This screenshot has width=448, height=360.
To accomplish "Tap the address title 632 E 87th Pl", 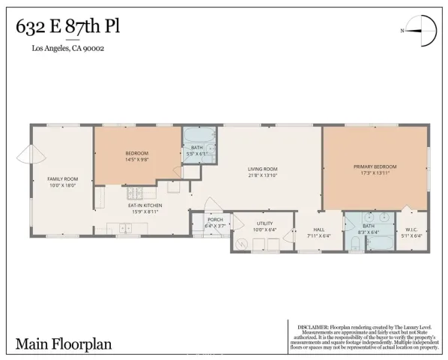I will point(67,28).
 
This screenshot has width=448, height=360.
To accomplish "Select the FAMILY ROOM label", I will point(62,178).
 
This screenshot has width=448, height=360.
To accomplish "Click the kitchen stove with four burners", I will point(100,198).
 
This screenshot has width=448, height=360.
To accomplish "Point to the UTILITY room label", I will point(264,223).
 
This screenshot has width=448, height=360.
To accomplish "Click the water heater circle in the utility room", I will point(242,244).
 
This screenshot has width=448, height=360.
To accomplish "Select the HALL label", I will point(318,229).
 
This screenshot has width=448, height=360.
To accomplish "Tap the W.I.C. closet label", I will point(413,229).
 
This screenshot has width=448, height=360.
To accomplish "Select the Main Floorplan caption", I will point(54,343).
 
